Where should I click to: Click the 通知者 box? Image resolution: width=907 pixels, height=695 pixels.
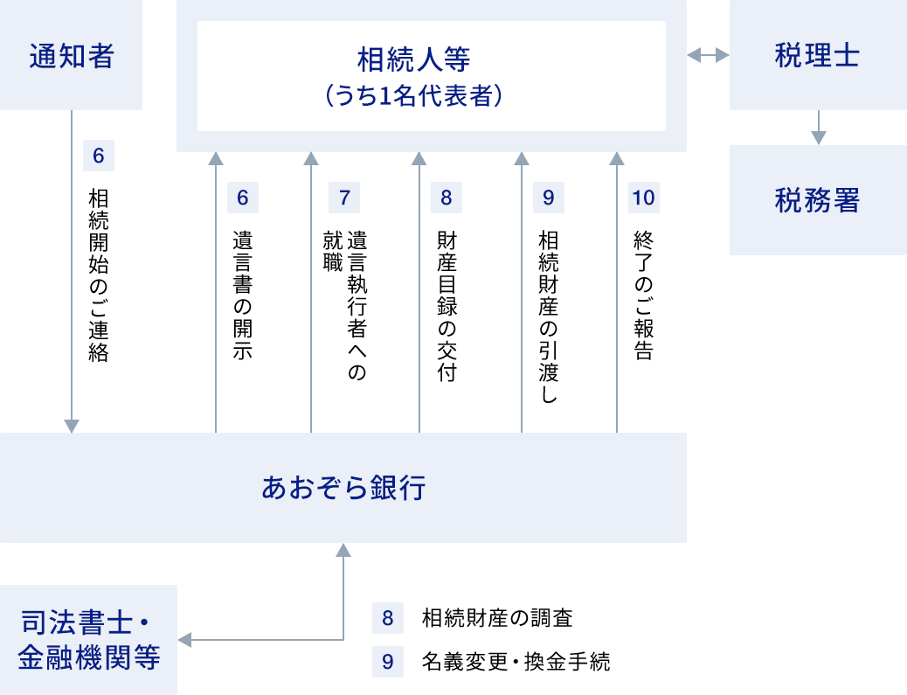[71, 56]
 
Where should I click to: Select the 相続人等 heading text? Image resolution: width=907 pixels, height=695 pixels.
[413, 60]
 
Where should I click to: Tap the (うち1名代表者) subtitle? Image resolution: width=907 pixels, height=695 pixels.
[413, 95]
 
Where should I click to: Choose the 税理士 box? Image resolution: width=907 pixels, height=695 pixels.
[817, 56]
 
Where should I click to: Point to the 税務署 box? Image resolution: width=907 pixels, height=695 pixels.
[817, 200]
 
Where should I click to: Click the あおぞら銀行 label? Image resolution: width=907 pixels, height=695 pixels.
[343, 488]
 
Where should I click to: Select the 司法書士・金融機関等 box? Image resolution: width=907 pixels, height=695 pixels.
[87, 641]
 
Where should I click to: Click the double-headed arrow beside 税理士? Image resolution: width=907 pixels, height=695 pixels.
[707, 56]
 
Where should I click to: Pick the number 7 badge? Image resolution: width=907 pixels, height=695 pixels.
[343, 198]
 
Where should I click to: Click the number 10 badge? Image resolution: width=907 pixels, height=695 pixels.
[643, 198]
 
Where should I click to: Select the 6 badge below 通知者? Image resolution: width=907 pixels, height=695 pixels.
[98, 156]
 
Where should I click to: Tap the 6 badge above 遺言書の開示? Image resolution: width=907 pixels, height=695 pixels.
[242, 198]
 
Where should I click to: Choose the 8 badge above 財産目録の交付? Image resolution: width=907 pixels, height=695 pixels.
[446, 198]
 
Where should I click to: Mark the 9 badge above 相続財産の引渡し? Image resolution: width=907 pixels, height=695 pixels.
[548, 198]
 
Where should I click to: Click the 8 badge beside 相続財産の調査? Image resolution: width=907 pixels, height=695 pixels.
[387, 619]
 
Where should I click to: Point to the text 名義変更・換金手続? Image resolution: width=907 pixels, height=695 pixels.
[515, 661]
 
